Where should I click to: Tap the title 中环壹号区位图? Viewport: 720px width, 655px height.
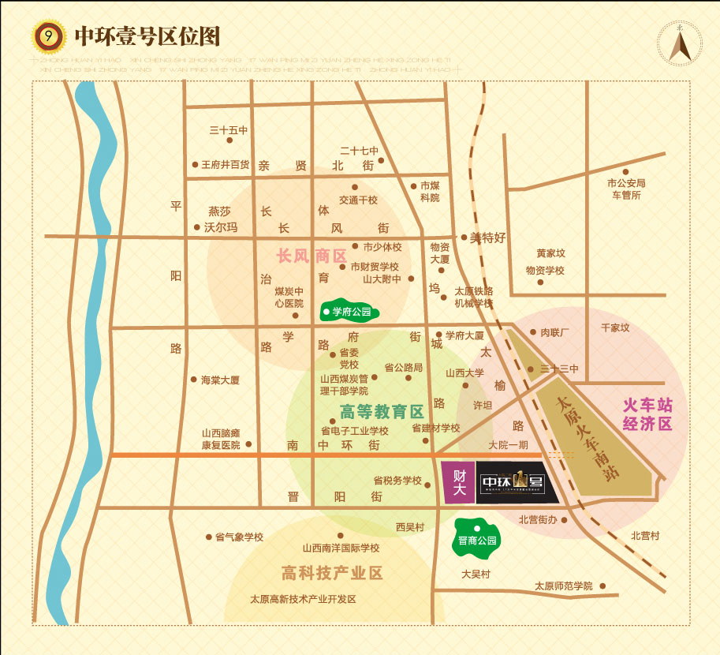pyautogui.click(x=146, y=37)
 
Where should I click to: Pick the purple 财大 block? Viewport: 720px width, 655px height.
pyautogui.click(x=458, y=481)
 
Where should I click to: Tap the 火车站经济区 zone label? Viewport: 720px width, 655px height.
pyautogui.click(x=647, y=414)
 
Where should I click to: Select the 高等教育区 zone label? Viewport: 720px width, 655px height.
pyautogui.click(x=382, y=412)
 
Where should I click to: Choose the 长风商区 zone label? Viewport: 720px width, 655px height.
pyautogui.click(x=312, y=256)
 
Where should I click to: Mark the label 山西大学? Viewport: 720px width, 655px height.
pyautogui.click(x=464, y=373)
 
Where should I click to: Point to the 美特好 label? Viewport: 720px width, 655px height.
pyautogui.click(x=487, y=238)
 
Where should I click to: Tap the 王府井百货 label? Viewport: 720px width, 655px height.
pyautogui.click(x=225, y=165)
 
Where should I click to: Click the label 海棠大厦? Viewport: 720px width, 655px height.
pyautogui.click(x=220, y=380)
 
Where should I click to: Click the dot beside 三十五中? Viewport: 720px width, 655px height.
pyautogui.click(x=229, y=140)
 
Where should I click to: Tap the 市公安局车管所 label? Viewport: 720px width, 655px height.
pyautogui.click(x=626, y=189)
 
